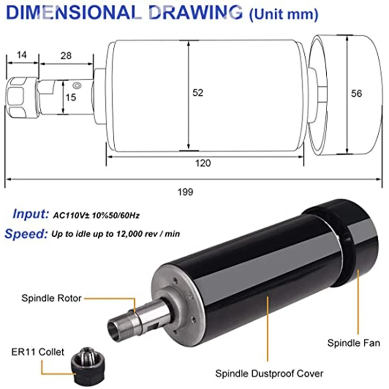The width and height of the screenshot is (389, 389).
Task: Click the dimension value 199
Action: (185, 192)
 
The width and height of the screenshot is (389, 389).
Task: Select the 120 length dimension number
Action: (203, 163)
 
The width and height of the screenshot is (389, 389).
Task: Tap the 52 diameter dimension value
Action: (198, 93)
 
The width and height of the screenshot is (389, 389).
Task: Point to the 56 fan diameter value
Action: (356, 93)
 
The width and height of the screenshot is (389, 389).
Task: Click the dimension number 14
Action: (21, 55)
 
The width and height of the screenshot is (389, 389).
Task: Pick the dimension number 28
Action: (66, 56)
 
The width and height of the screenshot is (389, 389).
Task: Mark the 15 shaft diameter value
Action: (71, 98)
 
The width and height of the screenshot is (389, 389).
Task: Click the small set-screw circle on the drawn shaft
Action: (77, 86)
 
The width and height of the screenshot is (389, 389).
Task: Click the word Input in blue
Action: (31, 214)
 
